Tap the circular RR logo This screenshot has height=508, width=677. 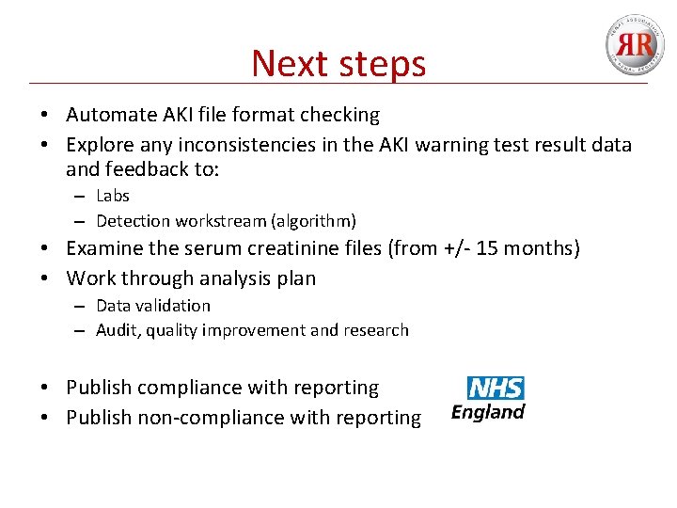click(x=633, y=44)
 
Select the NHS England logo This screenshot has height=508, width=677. click(x=488, y=398)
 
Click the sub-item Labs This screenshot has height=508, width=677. click(x=113, y=196)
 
